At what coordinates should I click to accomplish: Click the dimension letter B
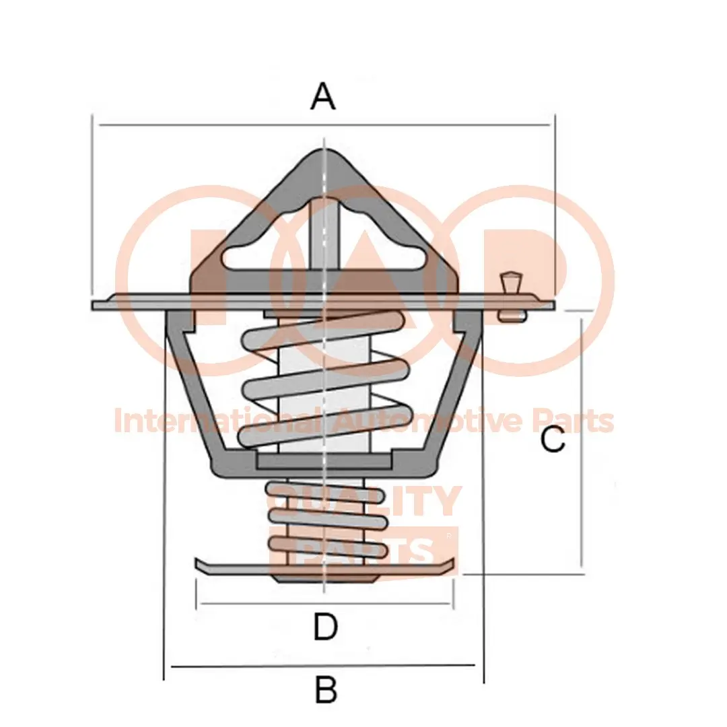326,690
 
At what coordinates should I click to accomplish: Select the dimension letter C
553,441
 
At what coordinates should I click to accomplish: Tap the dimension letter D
325,627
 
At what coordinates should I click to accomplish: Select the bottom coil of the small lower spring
328,546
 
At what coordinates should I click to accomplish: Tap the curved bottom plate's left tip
197,563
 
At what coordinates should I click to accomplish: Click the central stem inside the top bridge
324,229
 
